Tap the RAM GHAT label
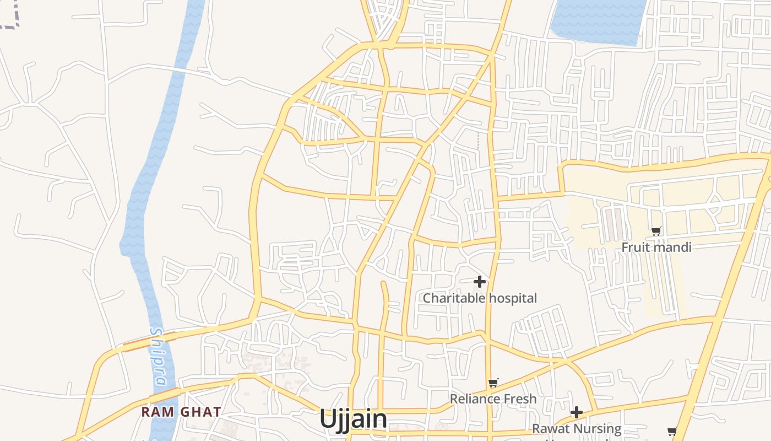pos(181,412)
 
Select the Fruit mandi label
pos(656,247)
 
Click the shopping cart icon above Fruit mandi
pos(656,231)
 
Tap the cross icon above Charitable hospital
pos(480,282)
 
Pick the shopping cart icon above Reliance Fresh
pos(493,383)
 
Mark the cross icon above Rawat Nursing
pos(577,412)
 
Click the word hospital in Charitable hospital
pos(512,298)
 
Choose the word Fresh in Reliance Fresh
pos(519,399)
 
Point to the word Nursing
pos(596,429)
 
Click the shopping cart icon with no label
pos(672,431)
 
